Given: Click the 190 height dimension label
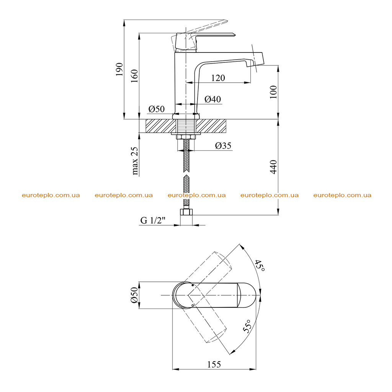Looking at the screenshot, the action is (119, 70).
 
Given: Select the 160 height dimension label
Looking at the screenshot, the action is (134, 76).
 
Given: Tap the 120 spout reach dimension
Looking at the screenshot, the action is (218, 78).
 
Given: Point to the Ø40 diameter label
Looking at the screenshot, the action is (213, 99).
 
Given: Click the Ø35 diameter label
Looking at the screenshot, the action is (223, 145).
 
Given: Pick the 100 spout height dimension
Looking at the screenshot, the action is (273, 92).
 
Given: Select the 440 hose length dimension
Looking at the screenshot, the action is (273, 167).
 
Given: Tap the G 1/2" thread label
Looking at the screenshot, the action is (153, 220).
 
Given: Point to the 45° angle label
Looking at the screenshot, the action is (260, 266).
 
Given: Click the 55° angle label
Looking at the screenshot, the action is (247, 326).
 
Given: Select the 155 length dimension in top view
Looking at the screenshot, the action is (214, 364).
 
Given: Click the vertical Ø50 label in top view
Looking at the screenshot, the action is (134, 295).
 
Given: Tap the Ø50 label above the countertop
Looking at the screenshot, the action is (157, 109).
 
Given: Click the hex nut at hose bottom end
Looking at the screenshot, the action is (186, 212).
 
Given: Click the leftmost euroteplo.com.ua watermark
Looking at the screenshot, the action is (51, 195).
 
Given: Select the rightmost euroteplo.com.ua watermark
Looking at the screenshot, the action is (342, 195).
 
